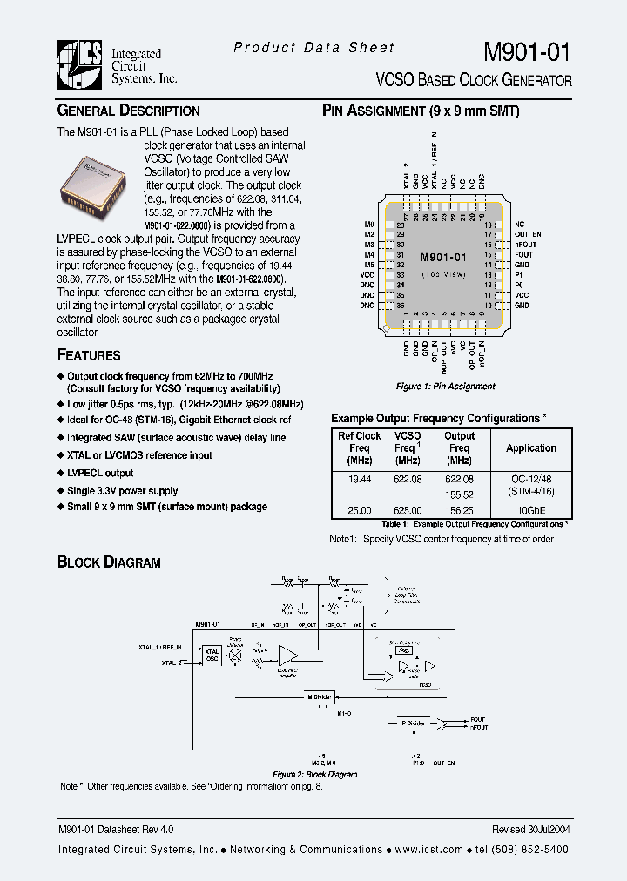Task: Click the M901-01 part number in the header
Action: click(x=527, y=52)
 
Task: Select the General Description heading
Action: click(x=128, y=111)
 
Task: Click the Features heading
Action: click(x=89, y=355)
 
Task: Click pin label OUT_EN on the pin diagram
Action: click(x=528, y=234)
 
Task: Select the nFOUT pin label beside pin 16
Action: click(x=524, y=245)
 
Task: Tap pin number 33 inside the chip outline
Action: click(x=401, y=275)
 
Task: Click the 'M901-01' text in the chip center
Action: click(x=443, y=258)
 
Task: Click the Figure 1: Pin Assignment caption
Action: click(x=445, y=386)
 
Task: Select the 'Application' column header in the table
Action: click(x=531, y=448)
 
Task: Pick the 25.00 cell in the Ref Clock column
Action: click(x=359, y=511)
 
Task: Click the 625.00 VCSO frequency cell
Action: click(x=408, y=511)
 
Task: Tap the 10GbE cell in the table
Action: click(x=531, y=511)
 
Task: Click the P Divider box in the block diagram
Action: click(x=415, y=723)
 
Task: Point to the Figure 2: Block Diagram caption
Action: click(x=314, y=774)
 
